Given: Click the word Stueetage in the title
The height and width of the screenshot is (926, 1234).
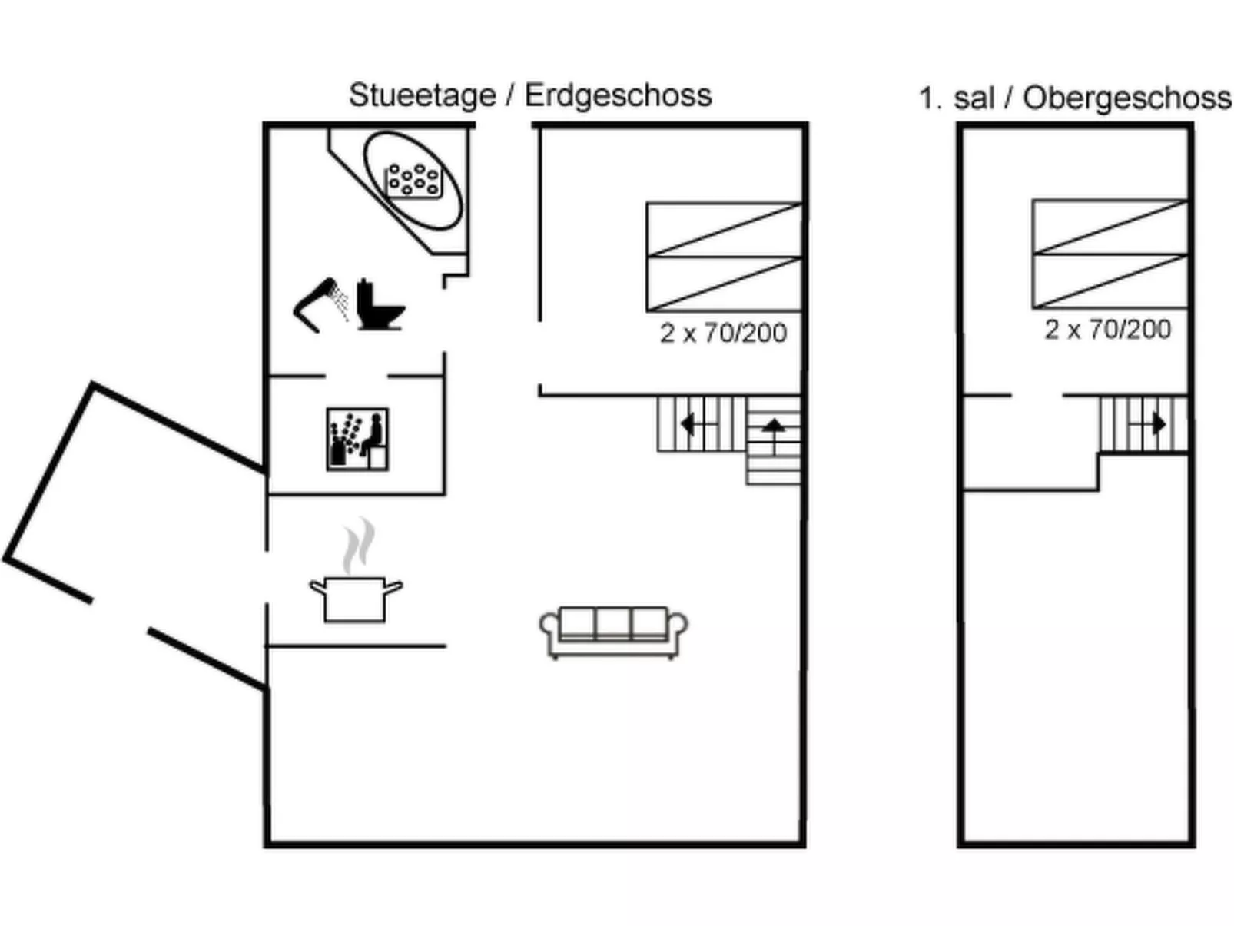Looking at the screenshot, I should (x=422, y=96).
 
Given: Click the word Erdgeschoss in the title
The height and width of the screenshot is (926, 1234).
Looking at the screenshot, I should (x=618, y=96).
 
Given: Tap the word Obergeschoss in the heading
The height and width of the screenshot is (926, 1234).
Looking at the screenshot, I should (x=1126, y=98).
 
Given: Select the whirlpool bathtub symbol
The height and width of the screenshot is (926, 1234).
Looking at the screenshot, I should (x=413, y=181).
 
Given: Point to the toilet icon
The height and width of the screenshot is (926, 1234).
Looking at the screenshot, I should (x=379, y=305).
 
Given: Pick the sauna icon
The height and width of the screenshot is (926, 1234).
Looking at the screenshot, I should (x=357, y=439).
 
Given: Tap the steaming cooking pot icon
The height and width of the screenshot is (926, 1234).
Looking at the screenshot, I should (x=356, y=599).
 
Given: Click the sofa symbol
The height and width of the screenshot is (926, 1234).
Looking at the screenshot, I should (x=613, y=632).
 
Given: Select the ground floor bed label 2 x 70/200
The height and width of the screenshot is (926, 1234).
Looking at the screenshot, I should (x=723, y=333).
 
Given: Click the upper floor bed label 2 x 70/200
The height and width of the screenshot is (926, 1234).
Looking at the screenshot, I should (x=1107, y=330).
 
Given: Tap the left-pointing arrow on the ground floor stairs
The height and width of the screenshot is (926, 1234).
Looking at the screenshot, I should (x=688, y=423).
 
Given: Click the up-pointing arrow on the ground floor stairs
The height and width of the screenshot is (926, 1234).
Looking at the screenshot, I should (x=773, y=427).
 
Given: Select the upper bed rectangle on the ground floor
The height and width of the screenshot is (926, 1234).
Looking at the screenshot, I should (x=724, y=230).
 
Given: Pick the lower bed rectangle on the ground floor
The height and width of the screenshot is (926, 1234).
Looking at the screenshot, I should (x=724, y=284).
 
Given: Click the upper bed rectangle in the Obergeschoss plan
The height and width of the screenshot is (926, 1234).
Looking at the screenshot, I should (x=1109, y=226).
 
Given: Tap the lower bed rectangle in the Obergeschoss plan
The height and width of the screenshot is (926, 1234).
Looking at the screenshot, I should (x=1109, y=280).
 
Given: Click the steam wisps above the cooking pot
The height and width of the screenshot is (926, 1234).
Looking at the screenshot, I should (x=359, y=546).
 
